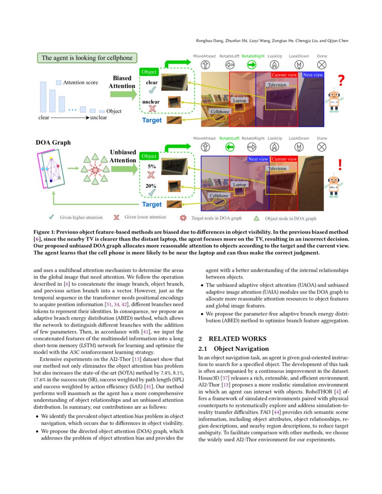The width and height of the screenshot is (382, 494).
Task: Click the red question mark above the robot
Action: tap(341, 81)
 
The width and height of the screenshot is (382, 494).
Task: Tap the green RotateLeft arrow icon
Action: tap(230, 147)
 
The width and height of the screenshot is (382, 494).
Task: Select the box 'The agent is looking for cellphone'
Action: tap(87, 58)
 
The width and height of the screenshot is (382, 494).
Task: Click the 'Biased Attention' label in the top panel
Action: tap(122, 82)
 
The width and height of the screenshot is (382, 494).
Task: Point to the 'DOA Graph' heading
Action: tap(53, 142)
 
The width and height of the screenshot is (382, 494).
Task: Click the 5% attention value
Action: tap(151, 166)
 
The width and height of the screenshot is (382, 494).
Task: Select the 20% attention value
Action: tap(151, 186)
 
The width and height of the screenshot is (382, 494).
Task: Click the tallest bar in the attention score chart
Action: tap(43, 97)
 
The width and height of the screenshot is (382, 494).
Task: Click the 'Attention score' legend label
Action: tap(80, 83)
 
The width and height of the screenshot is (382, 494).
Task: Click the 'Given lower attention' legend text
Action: tap(145, 217)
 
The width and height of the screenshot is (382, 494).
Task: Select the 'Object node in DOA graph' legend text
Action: tap(290, 219)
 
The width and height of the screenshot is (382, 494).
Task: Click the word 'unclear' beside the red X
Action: tap(151, 102)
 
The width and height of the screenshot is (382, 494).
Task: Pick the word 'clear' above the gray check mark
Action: tap(152, 83)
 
